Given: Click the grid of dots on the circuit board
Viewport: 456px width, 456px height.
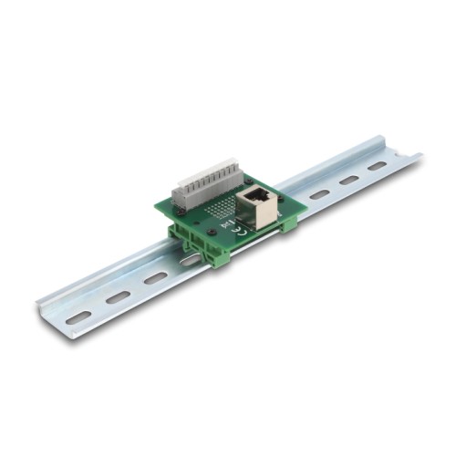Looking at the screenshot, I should [220, 210].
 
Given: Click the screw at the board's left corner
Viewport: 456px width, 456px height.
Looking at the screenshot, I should [180, 208].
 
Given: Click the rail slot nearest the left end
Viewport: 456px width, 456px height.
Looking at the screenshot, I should [78, 316].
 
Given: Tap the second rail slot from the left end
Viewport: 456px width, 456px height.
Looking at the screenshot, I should [119, 296].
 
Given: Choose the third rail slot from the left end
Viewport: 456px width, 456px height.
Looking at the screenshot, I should [156, 277].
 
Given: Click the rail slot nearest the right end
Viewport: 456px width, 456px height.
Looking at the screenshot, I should [378, 166].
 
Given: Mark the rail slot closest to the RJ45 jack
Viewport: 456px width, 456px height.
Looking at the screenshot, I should [318, 194].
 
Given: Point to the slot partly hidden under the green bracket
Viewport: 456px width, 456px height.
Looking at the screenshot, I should [190, 261].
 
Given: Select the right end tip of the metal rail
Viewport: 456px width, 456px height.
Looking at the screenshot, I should [419, 157].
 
